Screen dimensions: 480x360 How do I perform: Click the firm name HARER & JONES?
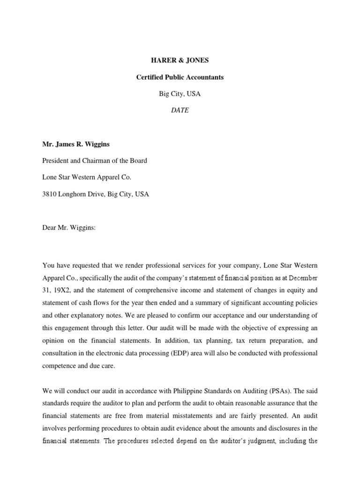(x=180, y=60)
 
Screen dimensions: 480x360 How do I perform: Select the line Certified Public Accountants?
(x=180, y=77)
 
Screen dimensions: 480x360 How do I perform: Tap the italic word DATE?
(x=180, y=110)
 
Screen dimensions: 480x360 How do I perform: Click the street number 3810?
(x=50, y=194)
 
